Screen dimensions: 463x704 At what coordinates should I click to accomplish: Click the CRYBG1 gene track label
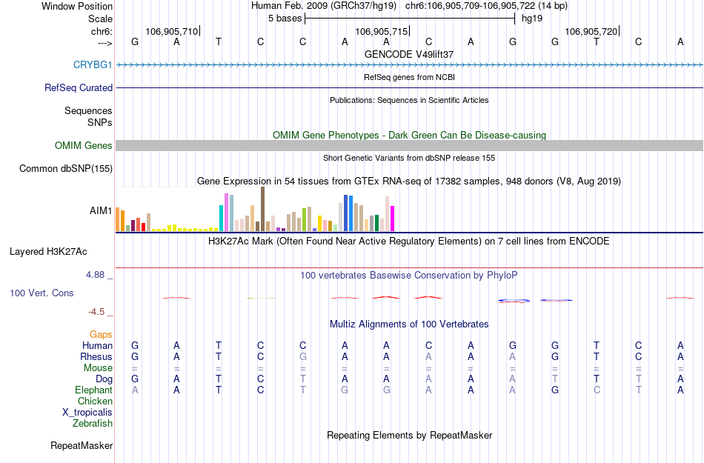[93, 65]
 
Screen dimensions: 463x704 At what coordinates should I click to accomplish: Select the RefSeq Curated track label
[79, 88]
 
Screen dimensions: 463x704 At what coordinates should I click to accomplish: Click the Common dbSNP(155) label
[66, 169]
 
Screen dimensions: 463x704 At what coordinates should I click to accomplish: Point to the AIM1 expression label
[101, 211]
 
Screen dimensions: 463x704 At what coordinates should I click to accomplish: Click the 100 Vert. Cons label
[41, 293]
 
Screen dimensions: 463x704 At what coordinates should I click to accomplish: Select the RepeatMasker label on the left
[82, 446]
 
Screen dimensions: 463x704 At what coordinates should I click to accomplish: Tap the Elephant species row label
[93, 390]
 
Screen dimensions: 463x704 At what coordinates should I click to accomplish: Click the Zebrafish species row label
[93, 424]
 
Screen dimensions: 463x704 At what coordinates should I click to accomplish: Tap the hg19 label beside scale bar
[532, 19]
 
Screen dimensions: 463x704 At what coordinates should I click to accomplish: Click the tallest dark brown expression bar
[262, 209]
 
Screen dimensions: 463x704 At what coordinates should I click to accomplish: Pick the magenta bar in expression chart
[392, 219]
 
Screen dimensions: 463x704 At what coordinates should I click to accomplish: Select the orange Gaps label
[101, 335]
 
